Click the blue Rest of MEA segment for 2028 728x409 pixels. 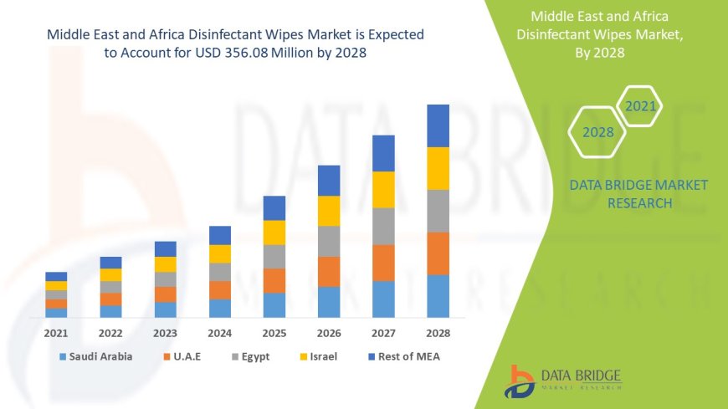(x=438, y=125)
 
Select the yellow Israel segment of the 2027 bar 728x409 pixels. (x=383, y=189)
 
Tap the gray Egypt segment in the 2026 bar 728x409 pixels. (x=329, y=241)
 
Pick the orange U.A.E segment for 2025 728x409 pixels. (x=274, y=280)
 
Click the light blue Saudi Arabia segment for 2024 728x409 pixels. (x=220, y=308)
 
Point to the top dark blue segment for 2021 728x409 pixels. (x=56, y=276)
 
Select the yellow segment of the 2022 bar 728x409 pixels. (x=110, y=274)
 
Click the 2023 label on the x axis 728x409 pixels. (x=165, y=333)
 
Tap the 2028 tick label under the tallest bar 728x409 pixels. (x=438, y=333)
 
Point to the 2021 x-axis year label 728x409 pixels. (x=56, y=333)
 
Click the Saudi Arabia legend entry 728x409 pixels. (x=95, y=356)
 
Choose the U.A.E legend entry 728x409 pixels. (x=187, y=356)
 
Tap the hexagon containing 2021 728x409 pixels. (x=640, y=106)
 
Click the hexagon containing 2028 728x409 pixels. (x=597, y=132)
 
